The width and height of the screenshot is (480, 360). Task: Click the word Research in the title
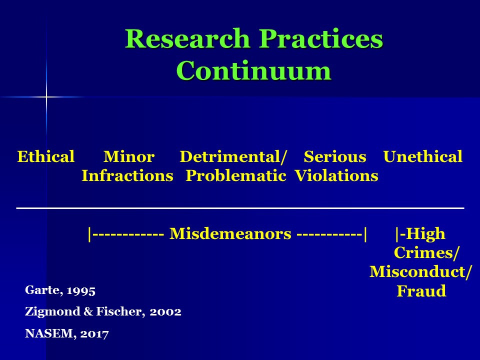(x=187, y=38)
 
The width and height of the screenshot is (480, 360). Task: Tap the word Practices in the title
(x=321, y=38)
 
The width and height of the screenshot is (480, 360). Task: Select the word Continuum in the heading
(x=254, y=70)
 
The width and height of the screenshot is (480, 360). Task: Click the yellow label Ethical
(x=46, y=156)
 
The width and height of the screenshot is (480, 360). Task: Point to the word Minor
(x=129, y=156)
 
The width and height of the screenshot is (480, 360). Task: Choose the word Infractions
(x=127, y=175)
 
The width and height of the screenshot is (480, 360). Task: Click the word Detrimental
(x=230, y=156)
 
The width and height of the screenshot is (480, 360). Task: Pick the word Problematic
(x=236, y=175)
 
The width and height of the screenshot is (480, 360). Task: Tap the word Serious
(x=335, y=156)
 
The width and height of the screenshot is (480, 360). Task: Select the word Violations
(x=336, y=175)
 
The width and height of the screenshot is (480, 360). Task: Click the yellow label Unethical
(x=423, y=156)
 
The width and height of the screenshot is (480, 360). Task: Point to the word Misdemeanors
(x=230, y=234)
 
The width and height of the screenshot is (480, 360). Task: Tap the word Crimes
(x=424, y=253)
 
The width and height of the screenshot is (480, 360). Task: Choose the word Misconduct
(x=417, y=272)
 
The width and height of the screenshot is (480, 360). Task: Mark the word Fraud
(x=421, y=291)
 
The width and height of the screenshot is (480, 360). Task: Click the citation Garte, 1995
(x=60, y=290)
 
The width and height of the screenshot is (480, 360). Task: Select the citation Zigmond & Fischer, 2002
(x=103, y=311)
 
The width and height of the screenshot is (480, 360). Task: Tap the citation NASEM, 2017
(x=66, y=333)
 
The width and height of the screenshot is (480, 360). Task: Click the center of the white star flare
(x=46, y=97)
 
